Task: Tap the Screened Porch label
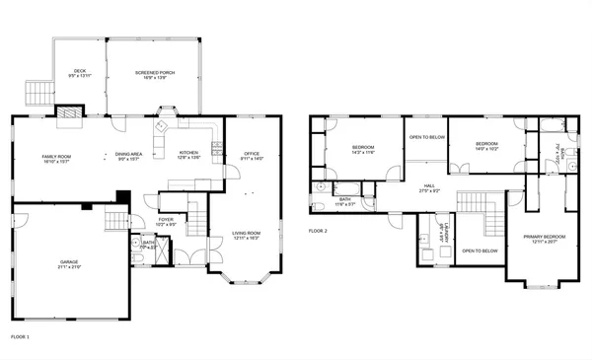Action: pos(154,74)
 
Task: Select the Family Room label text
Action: pos(55,159)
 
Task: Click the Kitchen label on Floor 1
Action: pos(188,155)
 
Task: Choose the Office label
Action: pos(252,155)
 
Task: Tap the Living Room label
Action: pos(246,236)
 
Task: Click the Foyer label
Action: pos(166,222)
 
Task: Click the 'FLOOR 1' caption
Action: pos(20,337)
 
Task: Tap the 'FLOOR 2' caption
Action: pos(317,231)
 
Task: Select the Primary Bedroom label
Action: pos(544,239)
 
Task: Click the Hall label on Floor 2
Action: pos(430,186)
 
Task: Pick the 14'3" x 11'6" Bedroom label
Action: pos(363,150)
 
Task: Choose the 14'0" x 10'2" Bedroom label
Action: pos(486,146)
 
